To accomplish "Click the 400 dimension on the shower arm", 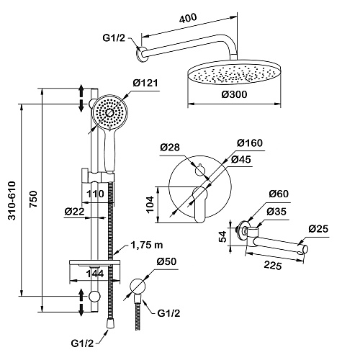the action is [188, 18].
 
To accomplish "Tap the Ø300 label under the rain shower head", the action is [234, 94].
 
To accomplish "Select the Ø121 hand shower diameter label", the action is [145, 83].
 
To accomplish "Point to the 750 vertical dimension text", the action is [34, 199].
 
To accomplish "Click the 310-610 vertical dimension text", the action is [12, 201].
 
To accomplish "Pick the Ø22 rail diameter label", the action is [75, 212].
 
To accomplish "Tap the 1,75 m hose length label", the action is [147, 245].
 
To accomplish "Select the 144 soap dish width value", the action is [95, 274].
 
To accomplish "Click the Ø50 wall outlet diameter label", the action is [166, 261].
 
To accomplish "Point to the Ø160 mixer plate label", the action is [250, 143].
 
